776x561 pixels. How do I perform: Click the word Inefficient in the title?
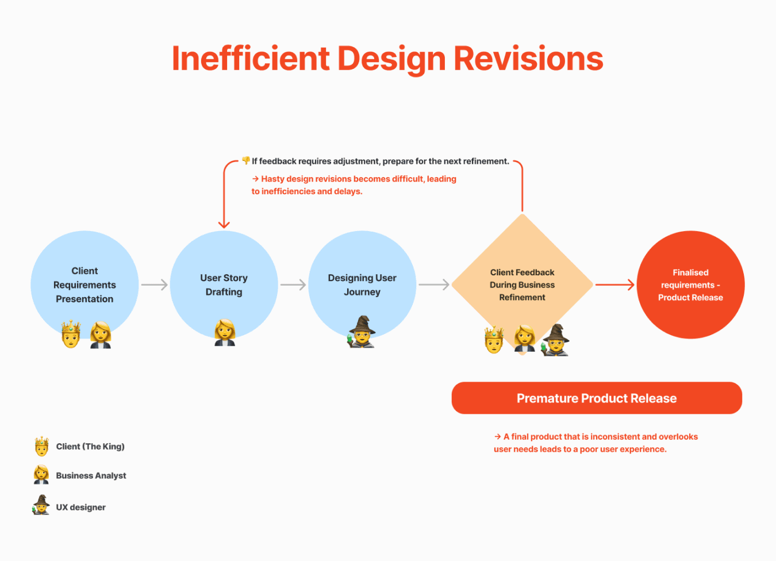tap(251, 59)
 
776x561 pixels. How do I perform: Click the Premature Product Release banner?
tap(597, 398)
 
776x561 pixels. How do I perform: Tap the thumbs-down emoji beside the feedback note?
tap(246, 160)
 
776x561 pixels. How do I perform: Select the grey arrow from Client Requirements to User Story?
tap(154, 285)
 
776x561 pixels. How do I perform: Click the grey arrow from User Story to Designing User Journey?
tap(293, 285)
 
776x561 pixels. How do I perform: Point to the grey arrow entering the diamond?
tap(434, 285)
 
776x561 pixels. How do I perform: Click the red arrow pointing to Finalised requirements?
tap(615, 285)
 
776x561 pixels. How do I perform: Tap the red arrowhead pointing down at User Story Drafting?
tap(224, 224)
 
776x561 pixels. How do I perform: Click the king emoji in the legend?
tap(41, 446)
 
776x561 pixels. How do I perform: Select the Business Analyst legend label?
tap(91, 475)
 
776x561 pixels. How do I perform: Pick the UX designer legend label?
tap(80, 507)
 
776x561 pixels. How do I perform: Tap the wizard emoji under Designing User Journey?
tap(362, 332)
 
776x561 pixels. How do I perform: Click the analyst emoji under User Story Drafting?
tap(225, 333)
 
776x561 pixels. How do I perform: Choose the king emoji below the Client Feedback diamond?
tap(494, 339)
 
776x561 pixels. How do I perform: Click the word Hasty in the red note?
tap(273, 179)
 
